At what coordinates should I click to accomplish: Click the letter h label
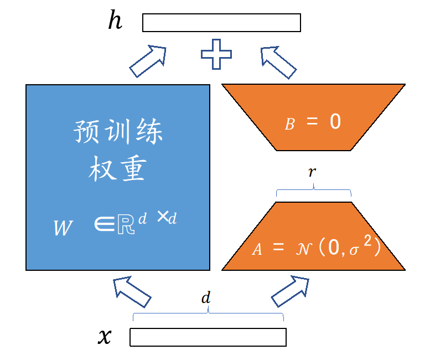click(116, 21)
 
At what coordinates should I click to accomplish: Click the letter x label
click(104, 336)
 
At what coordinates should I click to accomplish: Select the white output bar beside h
click(221, 23)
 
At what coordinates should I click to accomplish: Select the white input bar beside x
click(208, 337)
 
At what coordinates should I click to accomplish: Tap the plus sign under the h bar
click(216, 55)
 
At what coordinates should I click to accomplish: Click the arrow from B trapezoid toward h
click(279, 61)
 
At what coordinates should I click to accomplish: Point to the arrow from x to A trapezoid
click(290, 291)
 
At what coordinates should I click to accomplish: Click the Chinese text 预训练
click(118, 133)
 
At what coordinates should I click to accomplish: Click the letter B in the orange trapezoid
click(289, 125)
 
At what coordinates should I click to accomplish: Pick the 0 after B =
click(335, 122)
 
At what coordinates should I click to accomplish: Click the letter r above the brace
click(313, 172)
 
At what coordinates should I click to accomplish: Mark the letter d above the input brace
click(206, 298)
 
